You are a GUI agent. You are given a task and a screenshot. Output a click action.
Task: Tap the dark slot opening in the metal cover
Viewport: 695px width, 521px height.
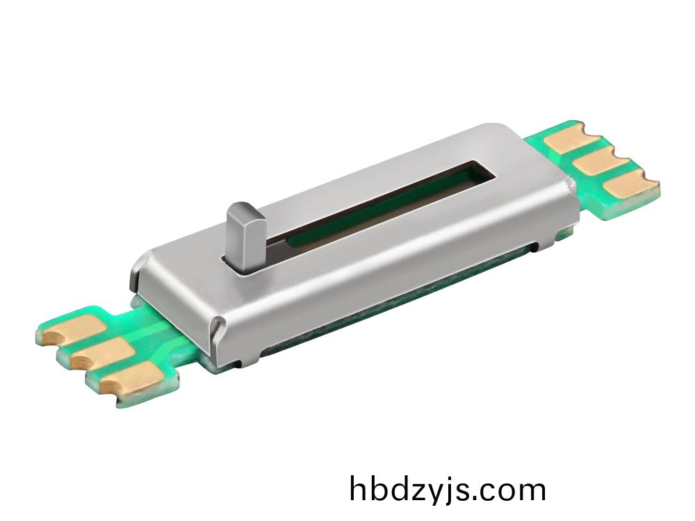(389, 201)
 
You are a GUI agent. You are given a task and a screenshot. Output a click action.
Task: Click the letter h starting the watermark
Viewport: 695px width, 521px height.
(359, 489)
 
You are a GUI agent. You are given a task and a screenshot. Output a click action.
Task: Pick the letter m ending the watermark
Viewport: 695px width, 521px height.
(531, 492)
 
